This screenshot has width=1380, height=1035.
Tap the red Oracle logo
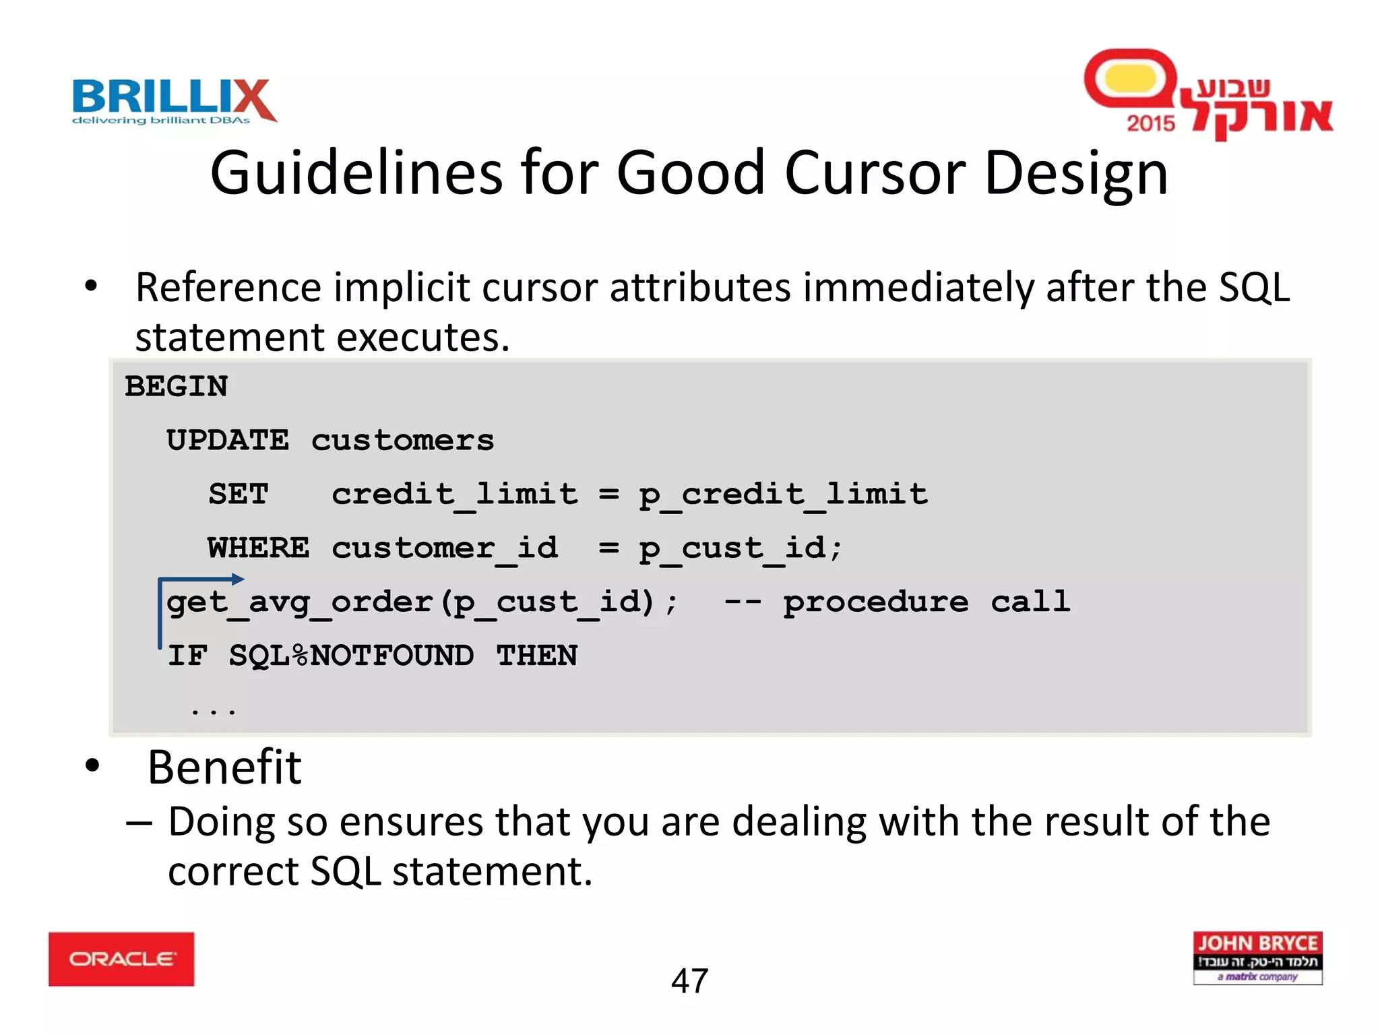121,959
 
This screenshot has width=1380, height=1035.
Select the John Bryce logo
1257,958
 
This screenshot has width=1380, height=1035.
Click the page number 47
689,981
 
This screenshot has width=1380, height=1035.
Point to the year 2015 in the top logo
1150,123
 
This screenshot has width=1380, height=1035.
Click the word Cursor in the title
875,173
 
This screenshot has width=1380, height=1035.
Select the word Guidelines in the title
356,173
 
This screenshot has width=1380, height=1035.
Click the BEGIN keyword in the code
177,387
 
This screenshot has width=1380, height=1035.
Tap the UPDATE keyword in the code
228,441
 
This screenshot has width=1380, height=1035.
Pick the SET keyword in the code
239,495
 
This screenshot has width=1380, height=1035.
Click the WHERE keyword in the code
259,548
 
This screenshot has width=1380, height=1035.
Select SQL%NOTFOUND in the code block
351,656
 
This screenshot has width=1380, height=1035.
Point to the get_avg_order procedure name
300,602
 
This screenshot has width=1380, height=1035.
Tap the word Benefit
224,767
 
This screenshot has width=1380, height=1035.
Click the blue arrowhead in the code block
237,578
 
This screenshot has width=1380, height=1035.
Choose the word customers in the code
402,441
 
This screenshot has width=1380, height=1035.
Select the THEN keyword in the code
537,656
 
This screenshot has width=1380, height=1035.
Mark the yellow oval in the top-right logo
1131,78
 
